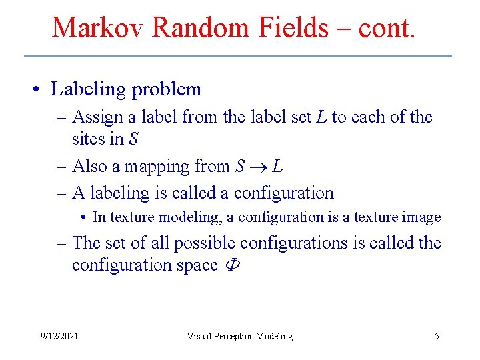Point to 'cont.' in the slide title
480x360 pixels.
(387, 27)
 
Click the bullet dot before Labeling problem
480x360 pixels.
(41, 89)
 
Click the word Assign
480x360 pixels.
(98, 117)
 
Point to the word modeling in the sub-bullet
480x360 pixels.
(200, 217)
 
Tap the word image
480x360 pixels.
(425, 217)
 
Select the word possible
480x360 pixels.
(204, 243)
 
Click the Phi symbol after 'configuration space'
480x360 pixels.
(234, 265)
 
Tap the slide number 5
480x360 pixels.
(437, 336)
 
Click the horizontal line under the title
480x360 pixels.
(238, 56)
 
